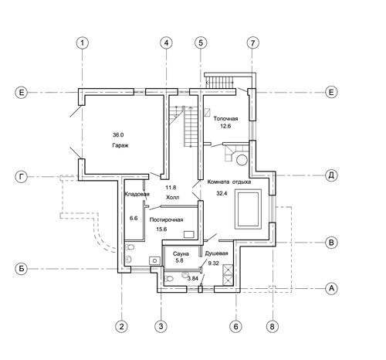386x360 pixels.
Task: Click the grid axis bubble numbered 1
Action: coord(83,42)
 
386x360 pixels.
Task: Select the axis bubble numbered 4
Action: coord(166,42)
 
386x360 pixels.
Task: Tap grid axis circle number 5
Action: coord(201,42)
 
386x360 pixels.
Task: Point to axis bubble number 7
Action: coord(252,42)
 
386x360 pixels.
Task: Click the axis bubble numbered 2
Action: coord(121,326)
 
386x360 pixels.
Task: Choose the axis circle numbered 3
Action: coord(161,326)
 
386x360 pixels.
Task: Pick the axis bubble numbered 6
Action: coord(235,326)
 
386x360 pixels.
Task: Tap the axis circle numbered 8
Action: coord(273,326)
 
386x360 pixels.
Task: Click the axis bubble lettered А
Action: coord(331,288)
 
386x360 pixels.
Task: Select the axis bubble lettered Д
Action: coord(331,175)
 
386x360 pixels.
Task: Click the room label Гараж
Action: coord(120,145)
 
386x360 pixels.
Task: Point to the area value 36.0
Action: coord(118,134)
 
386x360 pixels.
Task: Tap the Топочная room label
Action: coord(225,119)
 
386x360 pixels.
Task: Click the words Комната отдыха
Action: coord(229,182)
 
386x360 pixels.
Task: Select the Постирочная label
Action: coord(166,219)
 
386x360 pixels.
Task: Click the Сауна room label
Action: coord(181,253)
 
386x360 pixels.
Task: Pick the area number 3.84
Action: coord(192,278)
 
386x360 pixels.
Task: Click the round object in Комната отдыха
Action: coord(242,160)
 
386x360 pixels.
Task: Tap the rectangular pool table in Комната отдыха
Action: coord(248,209)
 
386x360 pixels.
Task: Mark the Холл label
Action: coord(172,198)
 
